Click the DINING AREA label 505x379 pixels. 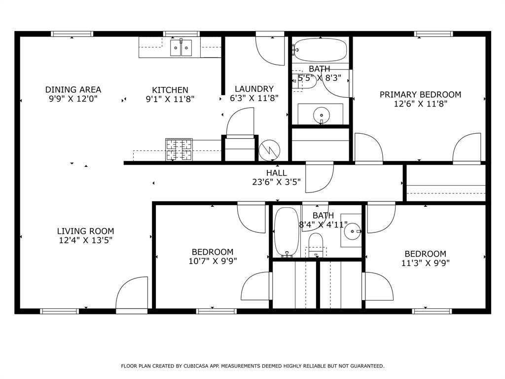[x=73, y=89]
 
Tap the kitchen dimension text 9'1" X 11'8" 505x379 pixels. [x=170, y=99]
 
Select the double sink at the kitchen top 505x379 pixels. [x=181, y=48]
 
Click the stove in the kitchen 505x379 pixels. [x=179, y=150]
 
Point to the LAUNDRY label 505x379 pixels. [x=254, y=89]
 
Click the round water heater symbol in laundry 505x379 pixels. [x=270, y=150]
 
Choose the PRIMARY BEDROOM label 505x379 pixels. [x=420, y=94]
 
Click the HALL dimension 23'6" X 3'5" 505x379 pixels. [x=276, y=182]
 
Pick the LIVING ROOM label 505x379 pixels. [x=85, y=231]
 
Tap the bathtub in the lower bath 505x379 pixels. [x=286, y=232]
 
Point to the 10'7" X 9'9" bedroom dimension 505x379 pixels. [x=213, y=261]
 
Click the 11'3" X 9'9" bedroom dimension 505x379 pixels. [x=425, y=263]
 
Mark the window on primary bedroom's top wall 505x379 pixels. [x=433, y=34]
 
